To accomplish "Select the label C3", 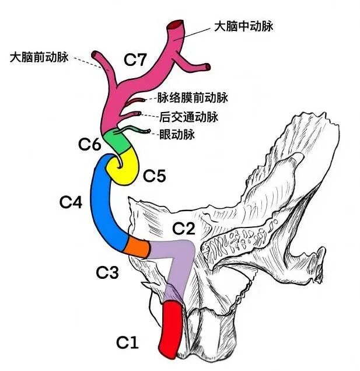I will pos(107,271).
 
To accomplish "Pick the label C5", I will pos(155,174).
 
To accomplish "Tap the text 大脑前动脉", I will pos(40,57).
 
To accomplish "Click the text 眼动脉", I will pos(177,135).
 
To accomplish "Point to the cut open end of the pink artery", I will pos(176,26).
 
